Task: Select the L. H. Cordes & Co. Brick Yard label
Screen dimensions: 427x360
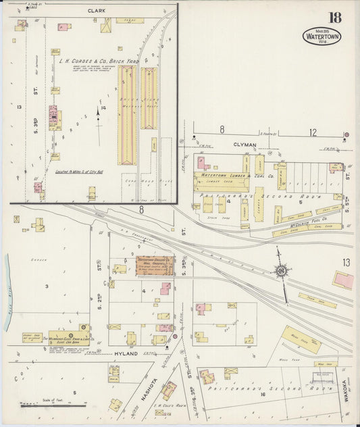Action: point(98,61)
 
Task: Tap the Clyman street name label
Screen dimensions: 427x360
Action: point(245,145)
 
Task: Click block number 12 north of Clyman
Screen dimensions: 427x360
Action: point(312,132)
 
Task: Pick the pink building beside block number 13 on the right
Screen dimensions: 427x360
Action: point(342,280)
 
